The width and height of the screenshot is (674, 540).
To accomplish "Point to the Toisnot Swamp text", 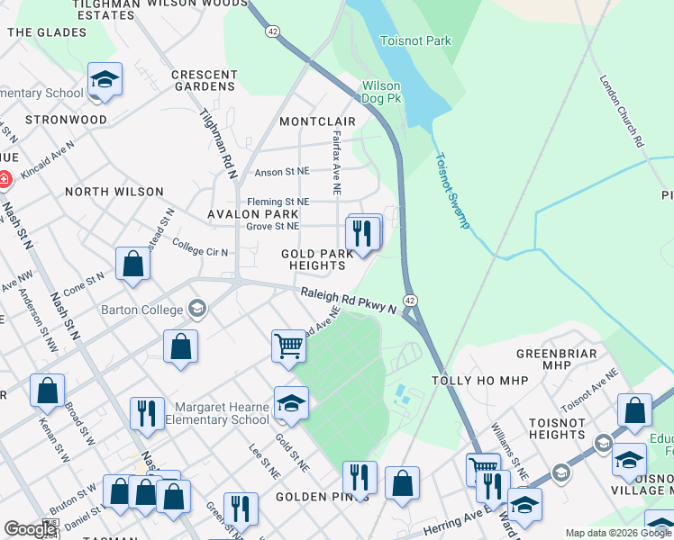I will pos(451,190).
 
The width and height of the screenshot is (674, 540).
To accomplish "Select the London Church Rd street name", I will pos(621,111).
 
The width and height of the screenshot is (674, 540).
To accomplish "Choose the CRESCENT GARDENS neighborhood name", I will pos(204,81).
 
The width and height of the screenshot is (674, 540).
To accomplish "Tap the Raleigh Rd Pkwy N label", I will pos(349,301).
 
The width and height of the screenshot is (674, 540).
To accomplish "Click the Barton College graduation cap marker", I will pos(196,310).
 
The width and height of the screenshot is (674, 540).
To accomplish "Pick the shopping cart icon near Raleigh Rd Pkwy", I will pos(288,345).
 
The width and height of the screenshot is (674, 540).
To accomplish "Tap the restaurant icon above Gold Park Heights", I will pos(363,233).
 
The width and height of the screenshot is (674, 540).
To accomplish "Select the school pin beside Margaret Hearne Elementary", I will pos(291,404).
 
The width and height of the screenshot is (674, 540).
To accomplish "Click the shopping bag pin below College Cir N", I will pos(132,265).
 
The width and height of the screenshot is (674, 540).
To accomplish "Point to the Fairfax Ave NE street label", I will pos(336,162).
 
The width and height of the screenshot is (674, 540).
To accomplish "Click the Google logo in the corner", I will pos(29,529).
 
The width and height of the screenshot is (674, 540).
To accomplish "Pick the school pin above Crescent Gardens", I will pos(105,79).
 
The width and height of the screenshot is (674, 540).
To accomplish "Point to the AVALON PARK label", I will pos(252,214).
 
